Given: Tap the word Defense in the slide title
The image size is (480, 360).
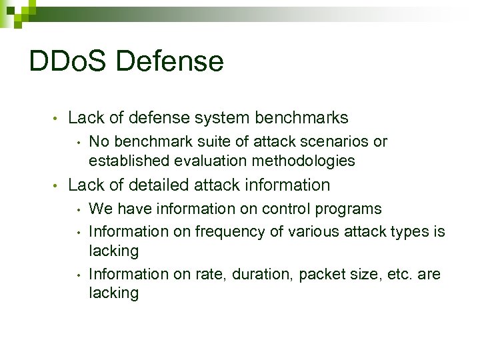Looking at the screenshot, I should click(x=169, y=62).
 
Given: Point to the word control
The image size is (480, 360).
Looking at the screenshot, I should click(x=289, y=209).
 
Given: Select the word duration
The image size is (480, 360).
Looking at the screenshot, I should click(x=267, y=274).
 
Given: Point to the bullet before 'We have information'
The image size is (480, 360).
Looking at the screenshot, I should click(x=79, y=209).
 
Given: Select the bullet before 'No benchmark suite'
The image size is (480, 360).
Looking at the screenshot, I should click(x=79, y=143).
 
